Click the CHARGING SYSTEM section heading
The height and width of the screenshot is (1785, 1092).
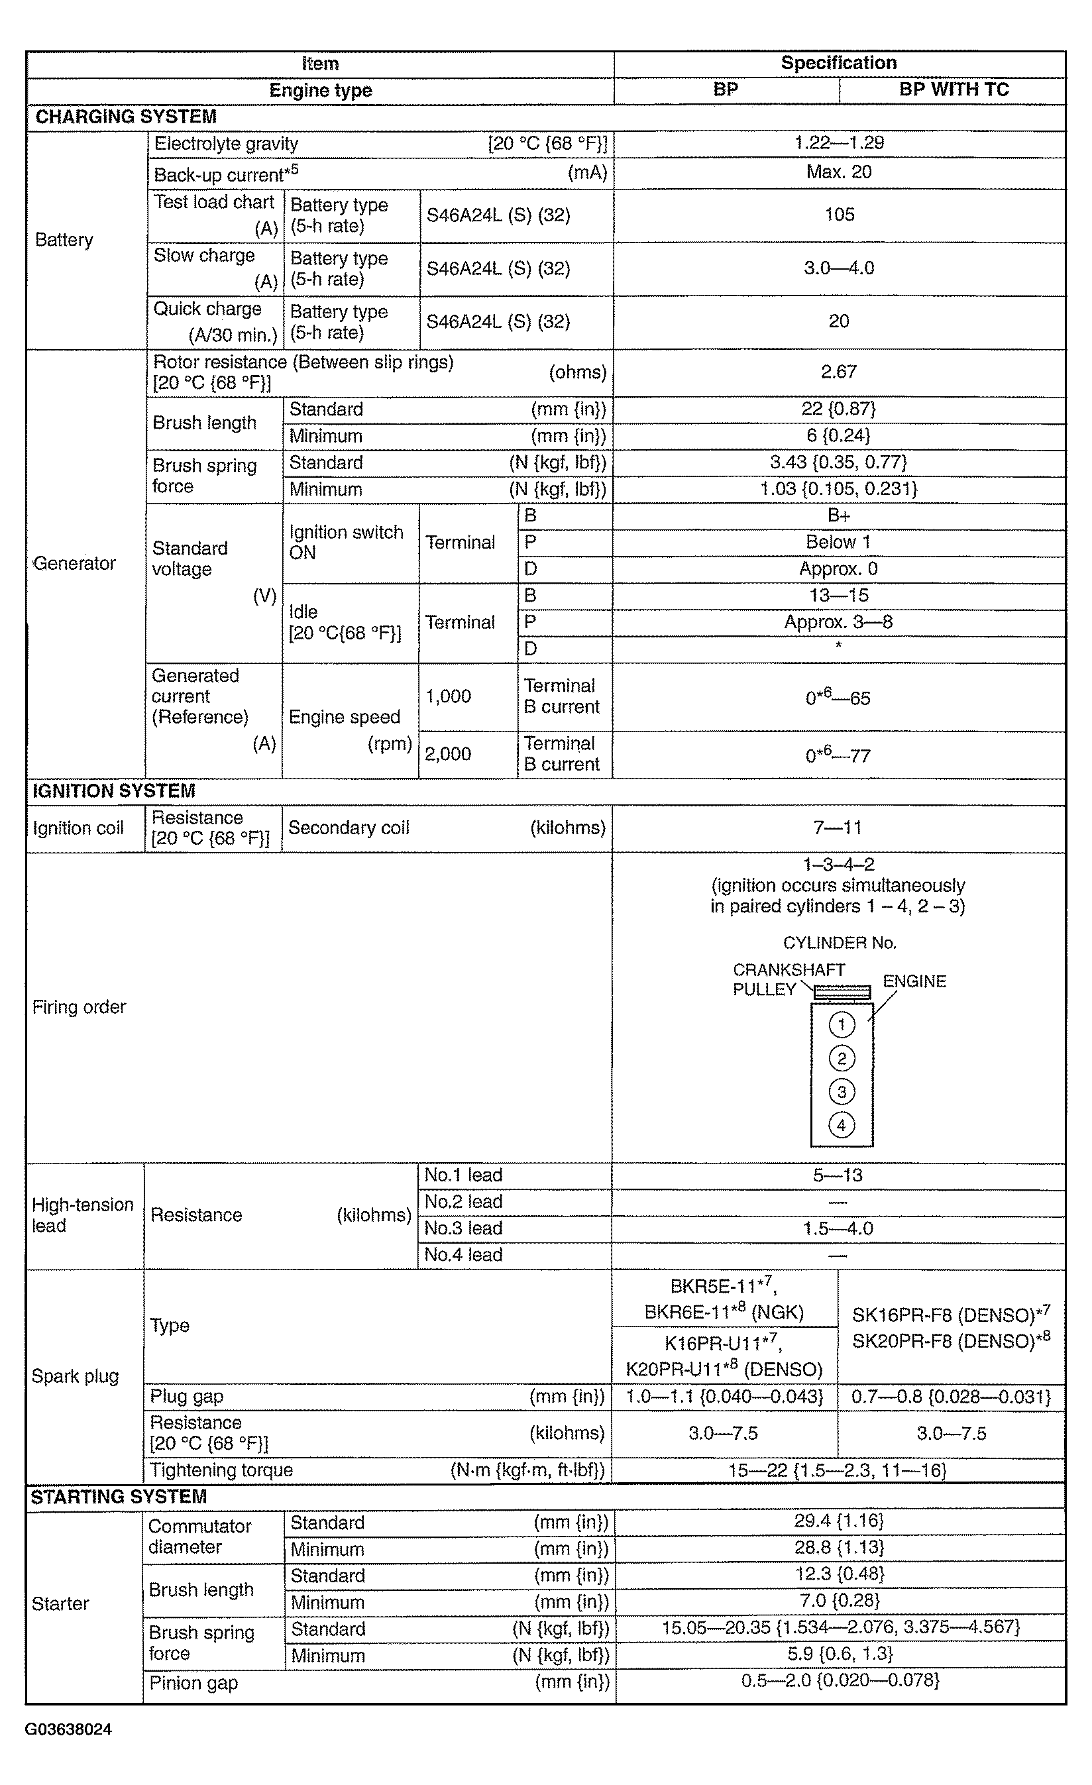click(x=125, y=117)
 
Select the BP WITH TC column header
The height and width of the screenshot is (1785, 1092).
click(x=954, y=90)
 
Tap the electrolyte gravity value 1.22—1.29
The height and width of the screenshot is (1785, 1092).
click(x=839, y=142)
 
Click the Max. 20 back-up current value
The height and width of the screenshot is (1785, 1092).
click(x=839, y=172)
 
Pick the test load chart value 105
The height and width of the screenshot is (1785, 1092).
click(x=839, y=215)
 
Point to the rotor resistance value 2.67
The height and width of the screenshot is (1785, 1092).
click(x=839, y=372)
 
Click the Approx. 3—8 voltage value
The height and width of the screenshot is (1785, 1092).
click(x=838, y=622)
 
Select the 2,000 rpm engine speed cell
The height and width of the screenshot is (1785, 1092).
click(x=448, y=754)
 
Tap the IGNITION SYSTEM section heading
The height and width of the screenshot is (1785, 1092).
click(x=114, y=790)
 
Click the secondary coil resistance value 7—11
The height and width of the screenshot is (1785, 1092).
click(x=838, y=828)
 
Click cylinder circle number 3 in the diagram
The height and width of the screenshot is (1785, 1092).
click(x=842, y=1092)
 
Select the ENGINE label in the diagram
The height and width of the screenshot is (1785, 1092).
click(x=914, y=981)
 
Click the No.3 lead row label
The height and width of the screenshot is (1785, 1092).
click(x=463, y=1228)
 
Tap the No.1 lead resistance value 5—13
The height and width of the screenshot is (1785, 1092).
click(x=838, y=1175)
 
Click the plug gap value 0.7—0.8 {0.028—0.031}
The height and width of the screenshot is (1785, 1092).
click(x=951, y=1397)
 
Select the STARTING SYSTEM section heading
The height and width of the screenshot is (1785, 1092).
click(x=118, y=1497)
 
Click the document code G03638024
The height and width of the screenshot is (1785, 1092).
click(x=68, y=1730)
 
